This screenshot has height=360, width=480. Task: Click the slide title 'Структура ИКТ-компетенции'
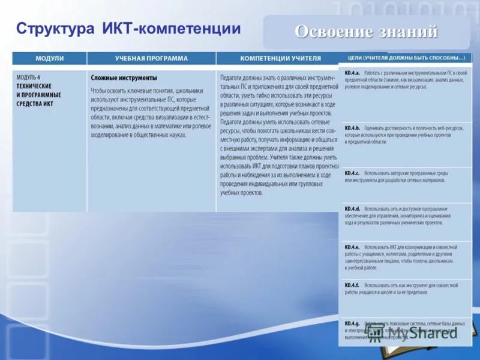128,29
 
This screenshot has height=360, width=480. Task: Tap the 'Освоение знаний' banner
366,32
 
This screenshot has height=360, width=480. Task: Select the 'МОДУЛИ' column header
50,59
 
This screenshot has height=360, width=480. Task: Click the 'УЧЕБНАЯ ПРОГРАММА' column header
151,59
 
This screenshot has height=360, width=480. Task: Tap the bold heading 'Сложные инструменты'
124,78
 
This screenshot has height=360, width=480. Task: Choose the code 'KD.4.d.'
352,209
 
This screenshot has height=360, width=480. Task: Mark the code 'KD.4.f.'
352,285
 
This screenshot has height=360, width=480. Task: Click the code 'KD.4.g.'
352,323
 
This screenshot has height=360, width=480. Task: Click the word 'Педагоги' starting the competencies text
233,78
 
